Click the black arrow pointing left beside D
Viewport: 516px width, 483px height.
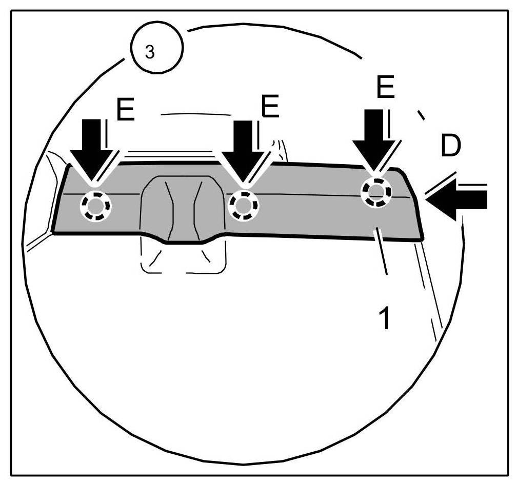tap(457, 198)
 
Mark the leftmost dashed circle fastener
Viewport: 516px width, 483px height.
tap(94, 206)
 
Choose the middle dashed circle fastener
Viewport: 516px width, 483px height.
tap(244, 205)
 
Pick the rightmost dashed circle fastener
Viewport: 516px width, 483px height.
tap(376, 192)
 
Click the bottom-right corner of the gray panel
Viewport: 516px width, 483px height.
tap(423, 239)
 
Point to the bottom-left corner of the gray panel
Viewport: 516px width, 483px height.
tap(53, 232)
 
